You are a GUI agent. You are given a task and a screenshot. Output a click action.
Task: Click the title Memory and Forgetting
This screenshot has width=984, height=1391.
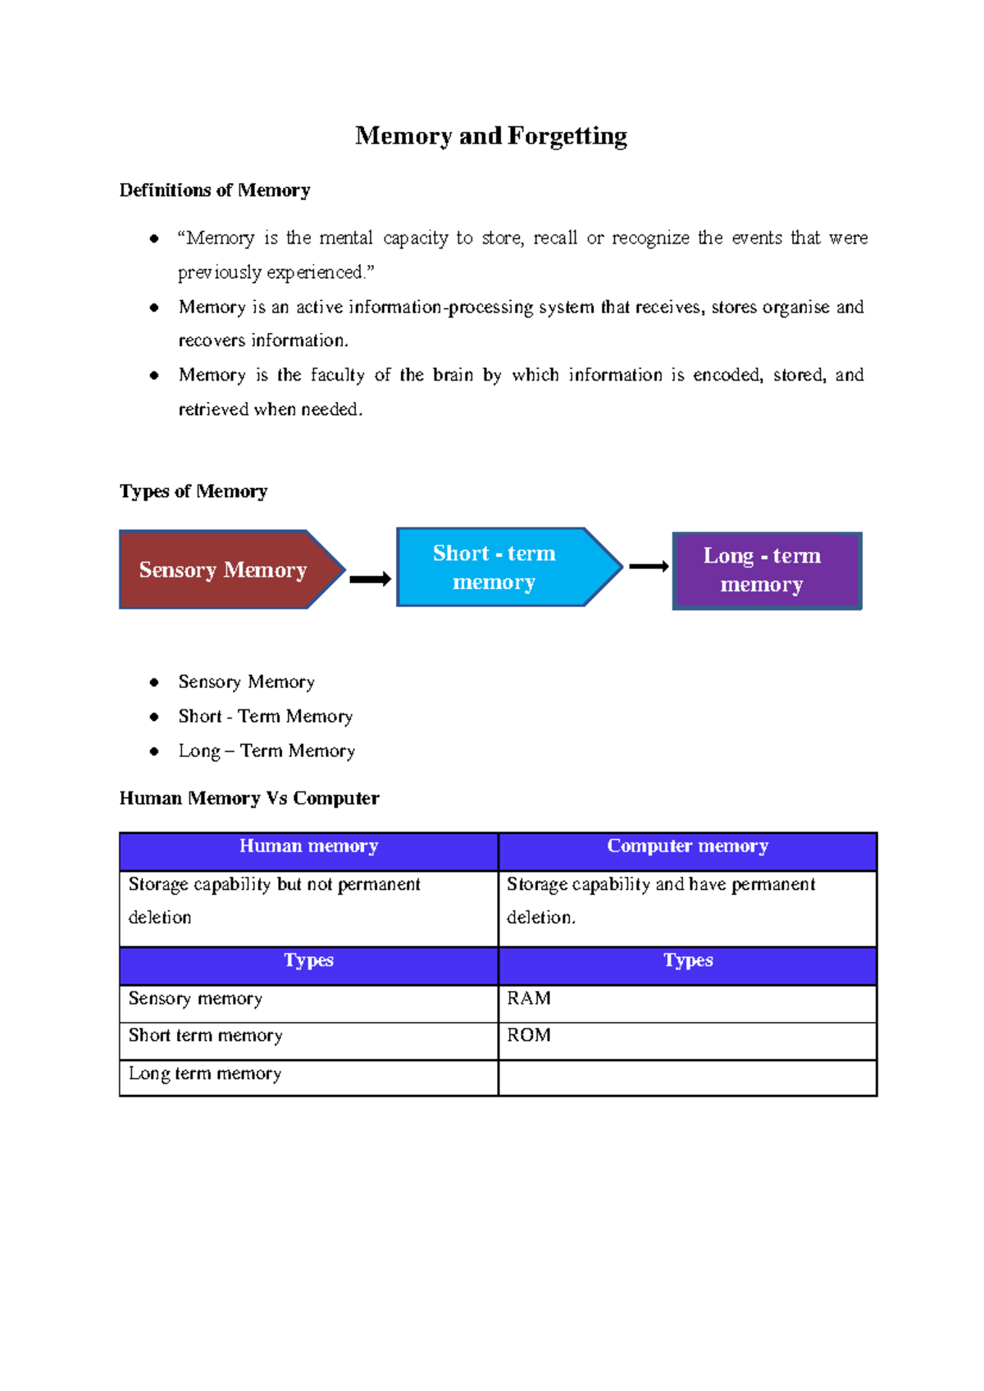pos(490,135)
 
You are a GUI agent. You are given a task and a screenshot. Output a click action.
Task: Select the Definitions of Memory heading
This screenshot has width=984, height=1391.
pos(215,190)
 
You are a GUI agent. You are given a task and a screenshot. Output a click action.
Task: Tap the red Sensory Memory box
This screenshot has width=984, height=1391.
pos(223,569)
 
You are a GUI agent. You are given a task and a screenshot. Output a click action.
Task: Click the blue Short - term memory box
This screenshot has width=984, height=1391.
pos(494,567)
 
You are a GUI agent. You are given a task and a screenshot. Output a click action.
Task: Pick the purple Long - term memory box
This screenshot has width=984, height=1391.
pos(763,570)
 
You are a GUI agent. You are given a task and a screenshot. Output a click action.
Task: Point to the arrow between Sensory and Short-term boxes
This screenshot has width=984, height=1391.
pos(371,579)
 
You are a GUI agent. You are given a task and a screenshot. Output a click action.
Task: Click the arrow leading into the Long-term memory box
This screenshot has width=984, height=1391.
pos(649,566)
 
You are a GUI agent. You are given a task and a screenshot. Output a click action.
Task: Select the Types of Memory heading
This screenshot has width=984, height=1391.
pos(194,491)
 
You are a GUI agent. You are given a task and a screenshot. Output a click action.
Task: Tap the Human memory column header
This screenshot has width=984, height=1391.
pos(308,846)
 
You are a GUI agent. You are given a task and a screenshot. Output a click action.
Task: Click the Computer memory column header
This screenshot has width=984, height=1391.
pos(687,846)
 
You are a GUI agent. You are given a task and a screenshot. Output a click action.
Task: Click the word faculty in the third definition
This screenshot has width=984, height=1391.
pos(337,375)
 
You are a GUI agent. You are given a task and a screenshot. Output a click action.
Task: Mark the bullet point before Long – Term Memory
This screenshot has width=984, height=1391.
pos(154,751)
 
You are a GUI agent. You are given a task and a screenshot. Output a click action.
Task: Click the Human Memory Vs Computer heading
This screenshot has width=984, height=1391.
pos(249,798)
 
